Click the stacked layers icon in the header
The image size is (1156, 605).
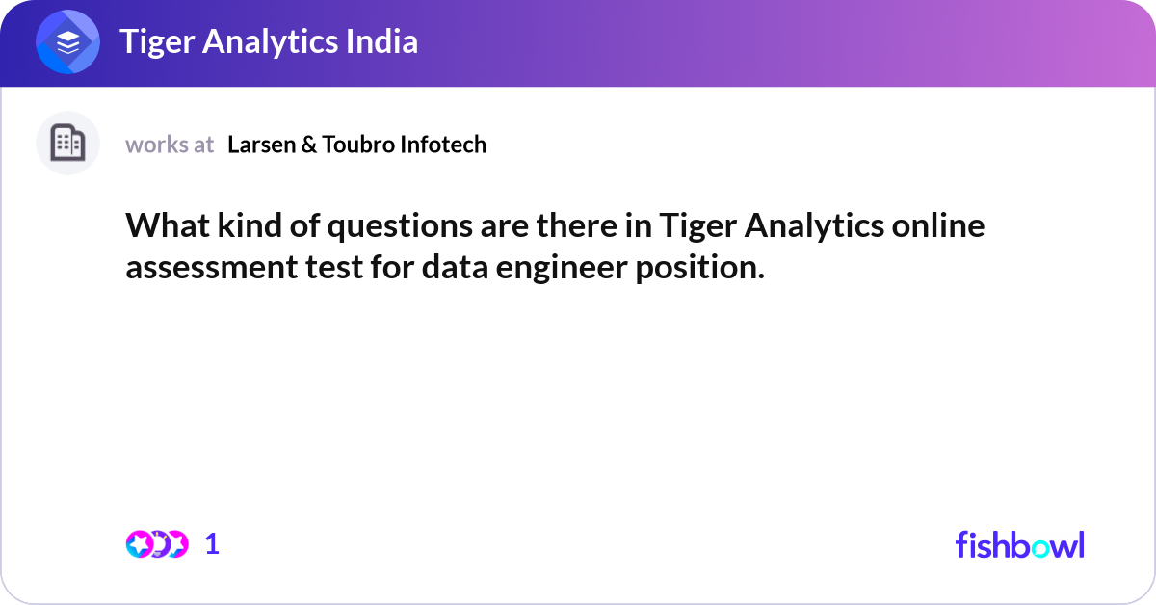68,43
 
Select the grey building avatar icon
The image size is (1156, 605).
67,144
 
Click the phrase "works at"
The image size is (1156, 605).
170,145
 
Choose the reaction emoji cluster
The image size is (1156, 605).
156,544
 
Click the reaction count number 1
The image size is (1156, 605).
212,544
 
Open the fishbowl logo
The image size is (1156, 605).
1019,544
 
